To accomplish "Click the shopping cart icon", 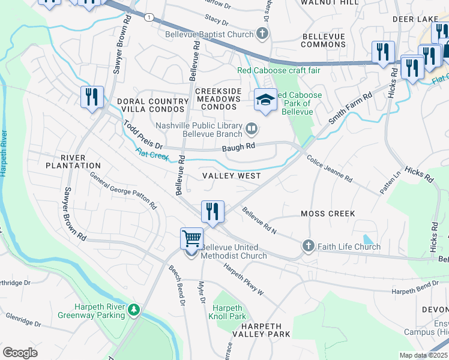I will (191, 238).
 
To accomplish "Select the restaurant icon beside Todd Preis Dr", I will (92, 97).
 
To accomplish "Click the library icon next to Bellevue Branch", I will (252, 128).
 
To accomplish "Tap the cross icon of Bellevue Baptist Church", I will (262, 34).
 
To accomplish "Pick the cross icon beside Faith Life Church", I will (308, 246).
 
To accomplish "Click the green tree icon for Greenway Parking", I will (136, 310).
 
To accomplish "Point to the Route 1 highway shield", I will (148, 17).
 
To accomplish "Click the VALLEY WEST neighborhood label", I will (231, 176).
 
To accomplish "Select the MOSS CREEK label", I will (328, 214).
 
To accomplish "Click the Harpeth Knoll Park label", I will (227, 312).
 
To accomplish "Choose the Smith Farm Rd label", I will (351, 108).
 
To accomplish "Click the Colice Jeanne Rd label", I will (329, 169).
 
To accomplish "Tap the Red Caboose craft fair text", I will (279, 70).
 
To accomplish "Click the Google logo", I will (20, 353).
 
